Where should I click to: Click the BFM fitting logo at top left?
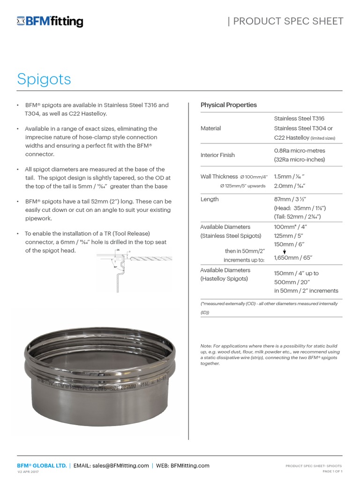[50, 21]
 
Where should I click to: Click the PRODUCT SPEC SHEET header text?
[286, 21]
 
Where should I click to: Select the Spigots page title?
[44, 79]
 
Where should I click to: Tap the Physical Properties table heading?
[229, 105]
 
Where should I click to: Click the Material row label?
[210, 128]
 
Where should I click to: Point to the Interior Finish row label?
[217, 155]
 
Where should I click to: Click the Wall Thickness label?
[219, 177]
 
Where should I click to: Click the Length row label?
[210, 199]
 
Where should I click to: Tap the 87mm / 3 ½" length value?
[290, 199]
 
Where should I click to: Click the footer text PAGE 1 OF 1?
[332, 471]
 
